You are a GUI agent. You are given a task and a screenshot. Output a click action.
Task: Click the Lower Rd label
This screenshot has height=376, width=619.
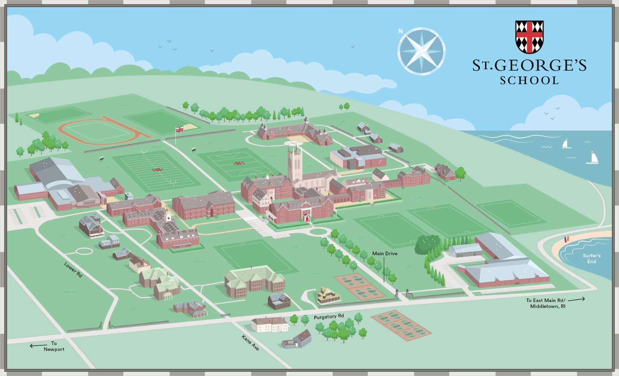click(73, 270)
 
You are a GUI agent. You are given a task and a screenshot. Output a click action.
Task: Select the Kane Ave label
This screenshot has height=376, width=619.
click(250, 342)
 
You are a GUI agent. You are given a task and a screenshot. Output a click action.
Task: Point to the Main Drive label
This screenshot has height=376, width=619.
click(384, 253)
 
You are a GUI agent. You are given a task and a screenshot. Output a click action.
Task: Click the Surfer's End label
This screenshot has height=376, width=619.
click(592, 258)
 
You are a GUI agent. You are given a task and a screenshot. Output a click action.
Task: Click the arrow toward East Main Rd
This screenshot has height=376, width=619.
click(579, 299)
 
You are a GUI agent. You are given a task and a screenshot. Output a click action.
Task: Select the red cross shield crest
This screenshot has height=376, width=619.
click(530, 36)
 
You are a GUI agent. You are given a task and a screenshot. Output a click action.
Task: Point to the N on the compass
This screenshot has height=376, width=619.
click(401, 31)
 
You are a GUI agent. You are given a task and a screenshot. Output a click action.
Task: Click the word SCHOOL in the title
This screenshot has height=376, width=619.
click(529, 80)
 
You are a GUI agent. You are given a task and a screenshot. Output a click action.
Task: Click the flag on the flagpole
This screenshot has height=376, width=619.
click(180, 129)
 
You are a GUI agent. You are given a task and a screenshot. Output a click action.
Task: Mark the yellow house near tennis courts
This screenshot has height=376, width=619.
click(328, 295)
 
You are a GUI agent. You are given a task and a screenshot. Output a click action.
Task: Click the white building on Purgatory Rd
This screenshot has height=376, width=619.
click(269, 324)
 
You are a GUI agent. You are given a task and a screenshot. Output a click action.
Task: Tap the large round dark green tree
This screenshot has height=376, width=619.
click(428, 245)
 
